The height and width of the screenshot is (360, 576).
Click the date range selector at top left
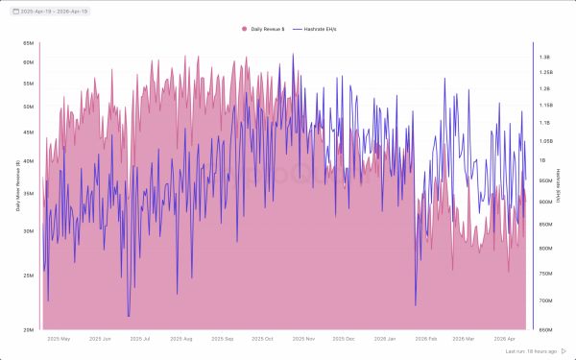click(48, 11)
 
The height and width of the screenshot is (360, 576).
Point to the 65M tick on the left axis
click(29, 44)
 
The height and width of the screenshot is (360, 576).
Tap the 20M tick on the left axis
click(29, 330)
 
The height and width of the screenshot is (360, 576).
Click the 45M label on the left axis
click(29, 132)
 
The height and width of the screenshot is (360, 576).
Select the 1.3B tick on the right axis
click(545, 58)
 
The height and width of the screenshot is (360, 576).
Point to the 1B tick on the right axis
click(543, 160)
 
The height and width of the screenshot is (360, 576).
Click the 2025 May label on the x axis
click(59, 339)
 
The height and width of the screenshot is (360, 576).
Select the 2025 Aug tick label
click(180, 339)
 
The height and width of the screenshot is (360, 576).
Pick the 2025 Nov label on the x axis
click(304, 339)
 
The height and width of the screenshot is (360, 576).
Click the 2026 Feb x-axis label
click(425, 339)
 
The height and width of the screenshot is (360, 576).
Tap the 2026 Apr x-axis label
click(506, 339)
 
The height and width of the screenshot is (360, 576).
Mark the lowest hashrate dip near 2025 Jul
click(129, 316)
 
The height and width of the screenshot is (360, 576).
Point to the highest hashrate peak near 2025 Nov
click(294, 54)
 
